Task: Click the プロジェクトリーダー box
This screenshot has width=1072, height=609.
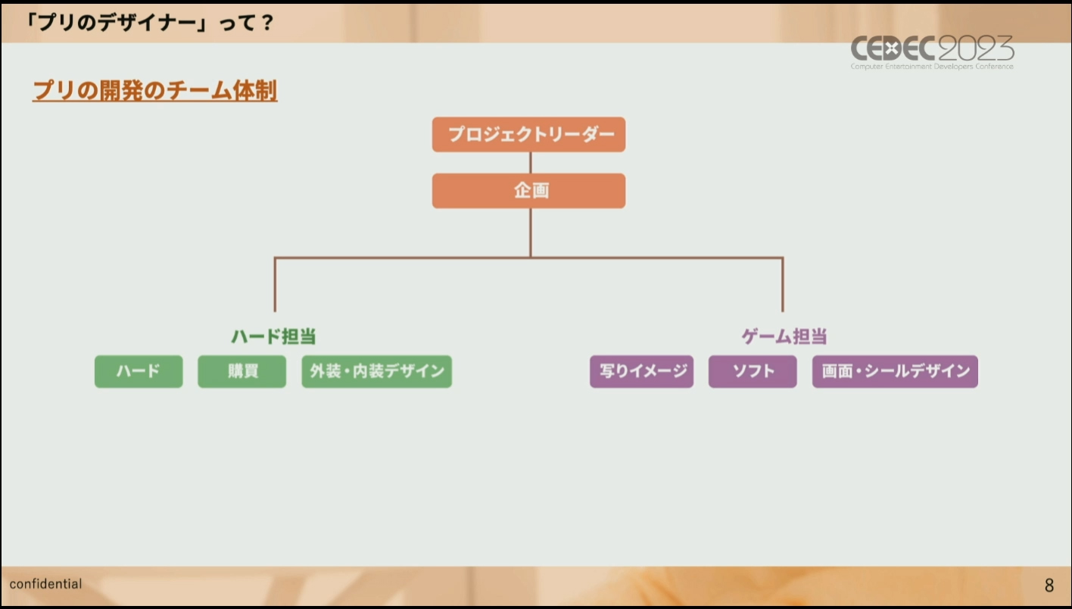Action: click(x=529, y=135)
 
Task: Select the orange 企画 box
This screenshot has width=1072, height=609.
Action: click(x=529, y=191)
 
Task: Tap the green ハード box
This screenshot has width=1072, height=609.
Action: click(x=139, y=371)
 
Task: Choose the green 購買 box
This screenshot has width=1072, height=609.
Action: click(x=242, y=371)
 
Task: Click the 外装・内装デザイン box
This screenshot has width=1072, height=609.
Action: click(x=376, y=371)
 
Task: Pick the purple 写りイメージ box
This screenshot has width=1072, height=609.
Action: click(x=642, y=371)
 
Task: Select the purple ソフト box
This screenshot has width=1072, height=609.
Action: click(x=753, y=371)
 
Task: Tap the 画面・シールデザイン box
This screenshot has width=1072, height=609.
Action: click(x=895, y=371)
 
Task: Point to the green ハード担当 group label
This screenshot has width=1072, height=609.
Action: click(x=274, y=336)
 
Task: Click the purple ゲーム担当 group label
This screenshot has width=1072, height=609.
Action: click(x=784, y=336)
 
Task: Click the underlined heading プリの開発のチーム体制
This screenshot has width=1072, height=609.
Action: click(x=155, y=90)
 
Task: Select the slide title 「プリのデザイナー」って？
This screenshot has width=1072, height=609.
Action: click(x=149, y=22)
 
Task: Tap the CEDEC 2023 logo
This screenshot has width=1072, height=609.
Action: click(x=932, y=52)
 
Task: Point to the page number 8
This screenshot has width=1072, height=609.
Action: click(x=1049, y=585)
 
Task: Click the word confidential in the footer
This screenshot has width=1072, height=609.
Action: click(x=46, y=584)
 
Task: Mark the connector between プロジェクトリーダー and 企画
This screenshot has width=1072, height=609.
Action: click(x=530, y=163)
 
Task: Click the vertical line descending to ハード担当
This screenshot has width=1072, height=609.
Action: click(x=275, y=285)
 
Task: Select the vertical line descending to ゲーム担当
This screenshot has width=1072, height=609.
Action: click(x=783, y=285)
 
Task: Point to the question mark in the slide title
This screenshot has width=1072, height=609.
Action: click(x=267, y=23)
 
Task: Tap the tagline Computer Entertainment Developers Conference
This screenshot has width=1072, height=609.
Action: click(x=932, y=67)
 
